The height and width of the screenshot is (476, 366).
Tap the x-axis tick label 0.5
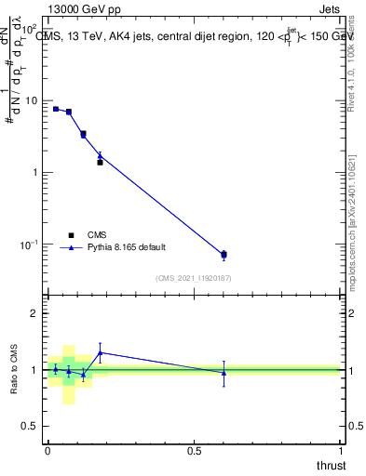[x=195, y=450]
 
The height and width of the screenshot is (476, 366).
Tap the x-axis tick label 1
[x=342, y=450]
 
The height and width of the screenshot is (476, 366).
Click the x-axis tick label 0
[x=47, y=450]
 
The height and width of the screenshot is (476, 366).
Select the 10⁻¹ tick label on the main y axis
[x=32, y=245]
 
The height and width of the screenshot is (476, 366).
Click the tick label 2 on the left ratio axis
[x=36, y=314]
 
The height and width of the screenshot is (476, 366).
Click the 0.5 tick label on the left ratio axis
[x=33, y=427]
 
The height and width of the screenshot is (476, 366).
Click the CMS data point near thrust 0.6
[x=224, y=255]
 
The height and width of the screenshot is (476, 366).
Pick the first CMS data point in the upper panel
[x=56, y=109]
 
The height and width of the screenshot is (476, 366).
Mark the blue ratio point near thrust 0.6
[x=224, y=373]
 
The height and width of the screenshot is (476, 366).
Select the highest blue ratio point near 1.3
[x=100, y=352]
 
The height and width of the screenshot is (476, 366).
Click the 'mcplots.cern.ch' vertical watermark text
[x=351, y=251]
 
